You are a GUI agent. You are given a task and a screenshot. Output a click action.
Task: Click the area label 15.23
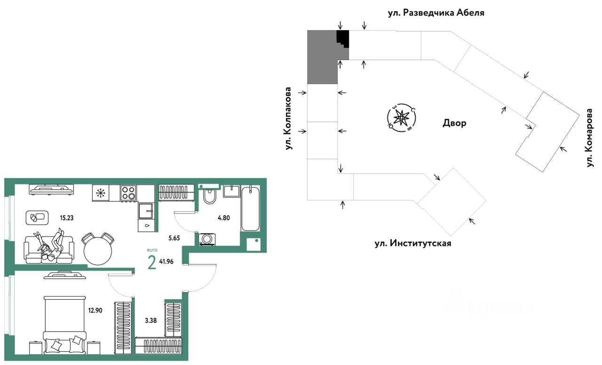click(x=67, y=218)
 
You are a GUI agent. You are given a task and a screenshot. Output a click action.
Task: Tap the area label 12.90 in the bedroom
click(x=95, y=311)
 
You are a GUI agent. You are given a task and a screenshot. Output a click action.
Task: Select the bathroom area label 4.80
click(x=223, y=218)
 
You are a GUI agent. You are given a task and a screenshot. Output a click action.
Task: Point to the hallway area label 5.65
click(x=174, y=238)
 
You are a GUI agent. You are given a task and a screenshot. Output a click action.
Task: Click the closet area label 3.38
click(x=151, y=320)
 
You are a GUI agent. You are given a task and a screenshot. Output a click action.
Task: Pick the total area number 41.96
click(x=166, y=261)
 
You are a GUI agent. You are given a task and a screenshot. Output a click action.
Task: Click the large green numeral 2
click(x=152, y=262)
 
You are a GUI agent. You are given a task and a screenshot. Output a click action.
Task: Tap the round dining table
click(x=98, y=251)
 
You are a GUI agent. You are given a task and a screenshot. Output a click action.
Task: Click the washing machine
click(x=206, y=239)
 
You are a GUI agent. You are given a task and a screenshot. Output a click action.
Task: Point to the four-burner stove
click(x=128, y=193)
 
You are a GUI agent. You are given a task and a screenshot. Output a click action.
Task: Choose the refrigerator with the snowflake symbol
click(x=101, y=193)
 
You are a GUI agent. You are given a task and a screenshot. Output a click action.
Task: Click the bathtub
click(x=251, y=209)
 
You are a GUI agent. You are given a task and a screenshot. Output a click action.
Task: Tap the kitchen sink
click(x=146, y=211)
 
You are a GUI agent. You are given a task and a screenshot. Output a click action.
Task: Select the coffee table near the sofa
click(x=37, y=217)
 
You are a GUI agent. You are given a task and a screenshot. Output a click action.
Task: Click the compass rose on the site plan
click(x=402, y=118)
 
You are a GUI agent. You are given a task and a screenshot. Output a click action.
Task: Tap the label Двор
click(x=454, y=123)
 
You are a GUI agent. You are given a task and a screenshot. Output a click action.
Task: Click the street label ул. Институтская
click(x=413, y=243)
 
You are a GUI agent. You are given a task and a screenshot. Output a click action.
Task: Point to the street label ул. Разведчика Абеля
click(x=436, y=13)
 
